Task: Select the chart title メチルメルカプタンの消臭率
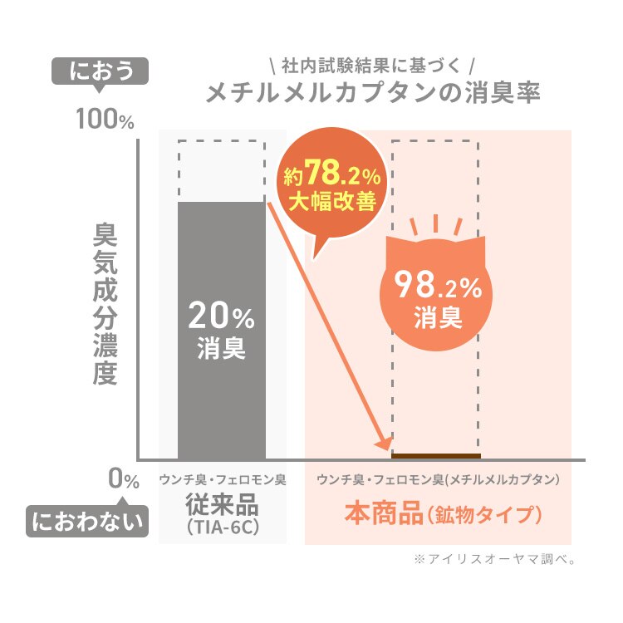[374, 91]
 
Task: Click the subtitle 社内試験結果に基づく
[371, 65]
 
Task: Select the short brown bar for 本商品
[435, 455]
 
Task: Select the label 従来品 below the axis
[222, 504]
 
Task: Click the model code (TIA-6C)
[222, 527]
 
